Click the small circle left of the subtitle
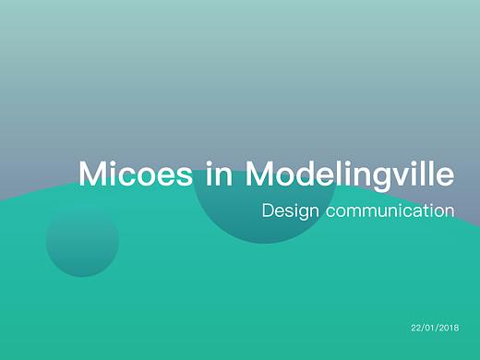82,241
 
